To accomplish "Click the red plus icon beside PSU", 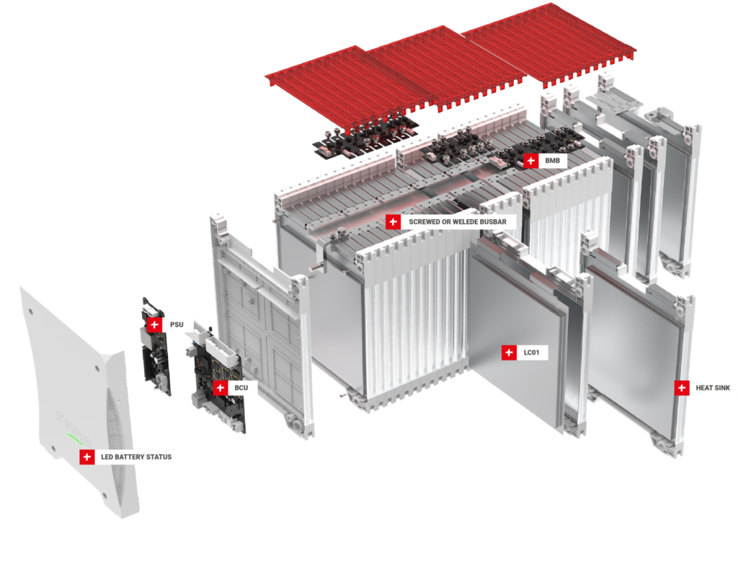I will click(x=154, y=325).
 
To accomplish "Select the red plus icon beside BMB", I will click(x=530, y=160).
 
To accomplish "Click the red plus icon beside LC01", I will click(x=509, y=353).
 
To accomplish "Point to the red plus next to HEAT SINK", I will click(x=682, y=388).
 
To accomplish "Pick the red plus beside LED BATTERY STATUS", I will click(x=87, y=457).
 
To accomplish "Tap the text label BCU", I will click(x=241, y=388).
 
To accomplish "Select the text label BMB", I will click(x=552, y=160).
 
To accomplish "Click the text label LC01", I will click(x=532, y=353).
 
